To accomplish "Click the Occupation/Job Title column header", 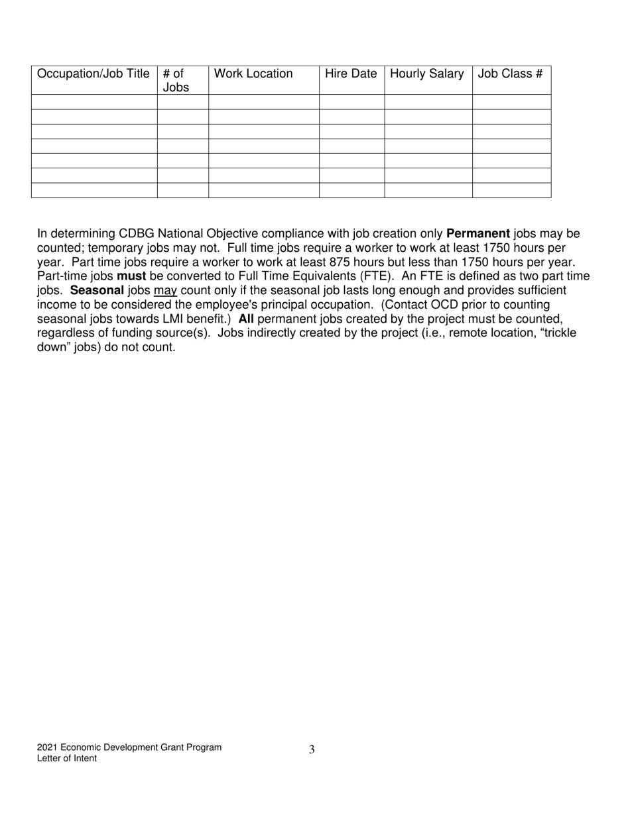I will (x=94, y=74).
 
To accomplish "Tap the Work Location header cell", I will (x=253, y=74).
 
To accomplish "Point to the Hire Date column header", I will (x=351, y=74).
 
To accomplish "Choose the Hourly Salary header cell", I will (x=427, y=74).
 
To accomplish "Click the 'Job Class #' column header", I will (x=510, y=74).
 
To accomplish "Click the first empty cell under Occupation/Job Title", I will (x=94, y=102).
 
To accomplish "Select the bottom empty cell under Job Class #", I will (x=511, y=190).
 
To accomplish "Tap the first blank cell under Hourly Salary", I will (x=428, y=102).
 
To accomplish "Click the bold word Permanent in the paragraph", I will (x=478, y=234).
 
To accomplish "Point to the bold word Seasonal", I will (x=97, y=290).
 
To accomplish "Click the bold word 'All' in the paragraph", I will (x=246, y=319).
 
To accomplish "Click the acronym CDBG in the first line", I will (x=136, y=234).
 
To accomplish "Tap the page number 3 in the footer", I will (x=312, y=750).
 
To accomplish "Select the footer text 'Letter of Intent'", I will (x=66, y=759).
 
